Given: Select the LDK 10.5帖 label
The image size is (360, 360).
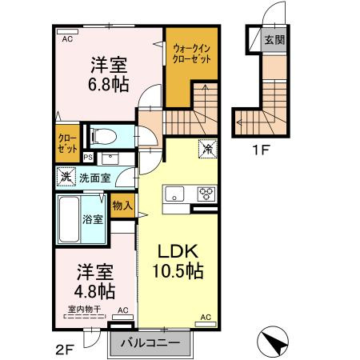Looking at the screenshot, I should [178, 260].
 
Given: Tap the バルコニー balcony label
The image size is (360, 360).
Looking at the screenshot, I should [151, 344].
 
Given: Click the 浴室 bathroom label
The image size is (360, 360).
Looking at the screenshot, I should [93, 218].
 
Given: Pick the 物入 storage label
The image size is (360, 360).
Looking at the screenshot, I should [122, 206].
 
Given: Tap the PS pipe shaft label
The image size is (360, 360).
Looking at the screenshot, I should [88, 157].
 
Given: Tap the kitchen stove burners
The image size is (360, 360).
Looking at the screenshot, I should [206, 193].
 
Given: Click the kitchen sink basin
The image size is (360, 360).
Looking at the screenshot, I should [174, 193].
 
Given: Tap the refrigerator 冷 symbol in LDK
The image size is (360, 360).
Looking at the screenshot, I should [206, 147].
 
